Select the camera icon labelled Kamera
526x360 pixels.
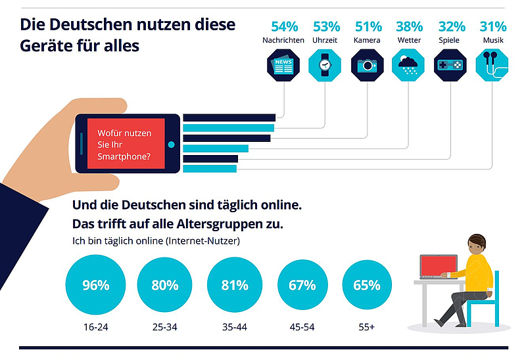[x=368, y=66]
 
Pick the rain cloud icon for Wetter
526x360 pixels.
[x=409, y=66]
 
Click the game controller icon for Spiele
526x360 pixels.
[x=450, y=66]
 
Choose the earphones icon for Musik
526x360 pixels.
[x=492, y=66]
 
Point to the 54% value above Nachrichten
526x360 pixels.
[x=284, y=27]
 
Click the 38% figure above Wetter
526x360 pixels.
[x=409, y=27]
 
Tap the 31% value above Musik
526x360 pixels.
[x=492, y=27]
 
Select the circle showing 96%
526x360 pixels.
[x=95, y=286]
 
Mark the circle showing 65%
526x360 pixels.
[x=366, y=286]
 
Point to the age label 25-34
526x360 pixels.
[x=164, y=326]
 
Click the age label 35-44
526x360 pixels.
[x=233, y=326]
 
